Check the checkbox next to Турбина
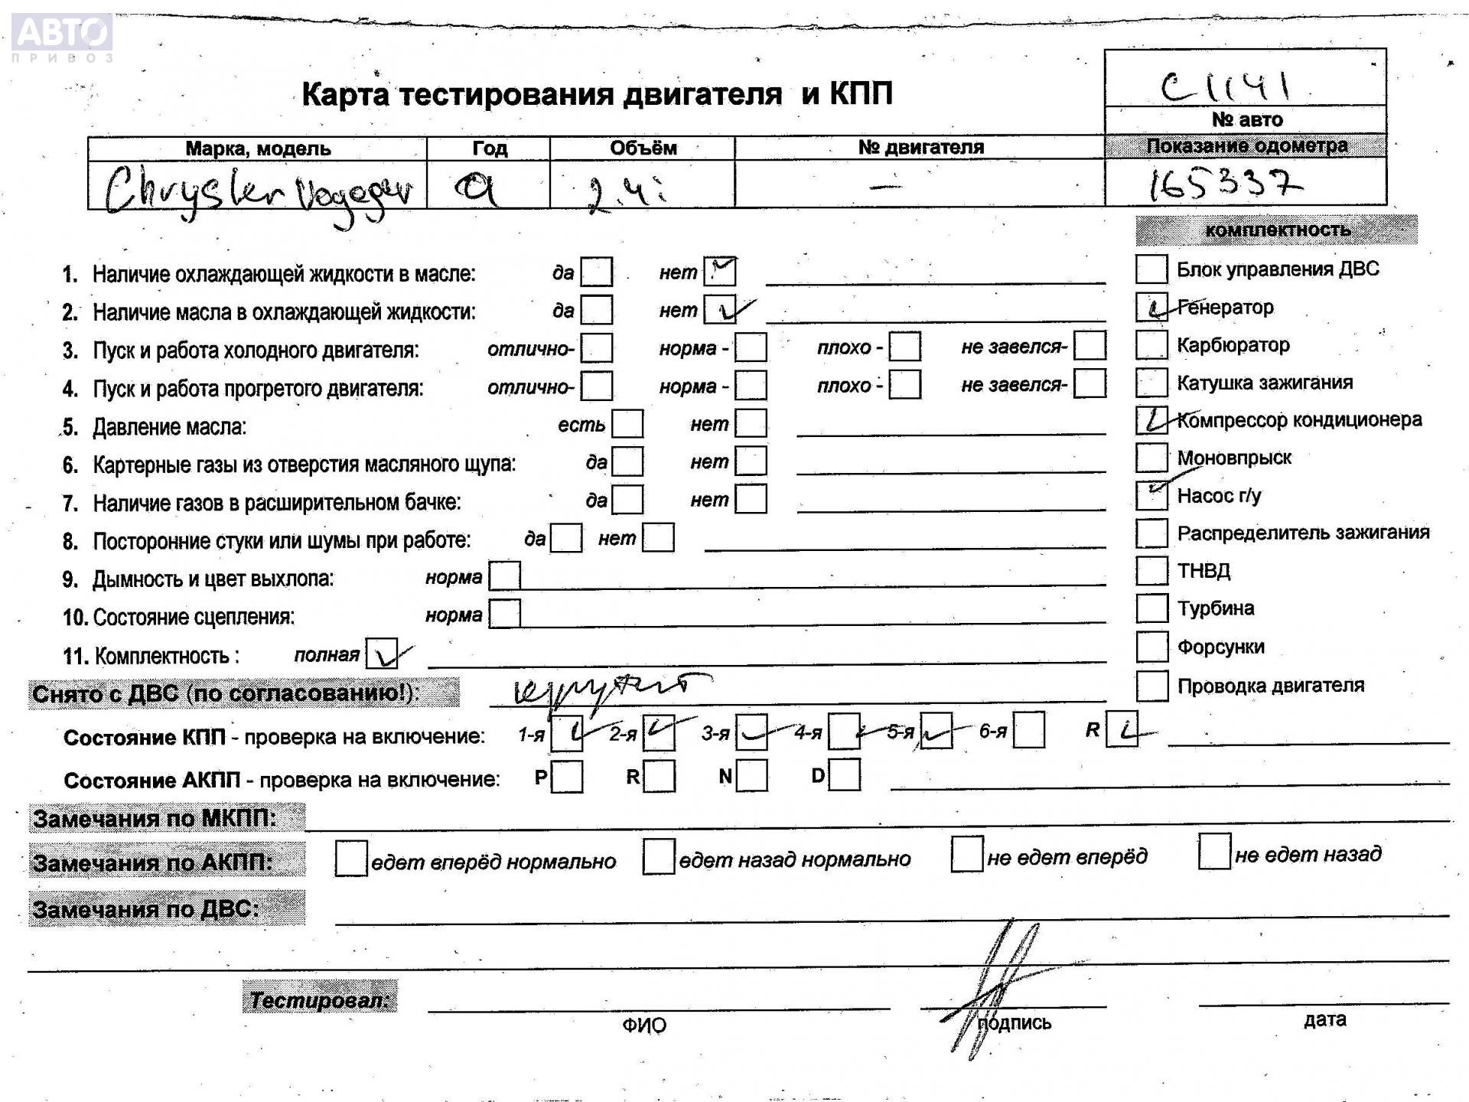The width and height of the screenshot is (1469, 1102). (1151, 608)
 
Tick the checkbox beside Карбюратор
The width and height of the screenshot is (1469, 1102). (1151, 344)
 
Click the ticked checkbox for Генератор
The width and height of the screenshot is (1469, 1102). (1151, 307)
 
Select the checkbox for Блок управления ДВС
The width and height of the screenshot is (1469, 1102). (1151, 269)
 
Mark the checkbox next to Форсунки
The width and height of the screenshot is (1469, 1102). (1151, 647)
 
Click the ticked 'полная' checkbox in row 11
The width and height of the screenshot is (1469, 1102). (382, 654)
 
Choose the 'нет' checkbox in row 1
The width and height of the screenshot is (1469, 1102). (720, 272)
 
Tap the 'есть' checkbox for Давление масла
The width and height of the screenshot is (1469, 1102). (627, 424)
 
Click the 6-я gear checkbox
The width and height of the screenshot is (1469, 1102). (1029, 731)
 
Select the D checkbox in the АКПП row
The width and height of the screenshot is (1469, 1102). (844, 775)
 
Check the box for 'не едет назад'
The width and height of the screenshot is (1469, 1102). (1214, 852)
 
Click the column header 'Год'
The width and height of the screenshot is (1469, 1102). (489, 148)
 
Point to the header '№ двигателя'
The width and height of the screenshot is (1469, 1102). (920, 147)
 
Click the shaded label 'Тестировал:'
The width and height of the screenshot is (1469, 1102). (320, 999)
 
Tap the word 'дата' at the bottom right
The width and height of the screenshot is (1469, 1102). (1325, 1019)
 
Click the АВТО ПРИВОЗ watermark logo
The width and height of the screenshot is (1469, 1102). (63, 37)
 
